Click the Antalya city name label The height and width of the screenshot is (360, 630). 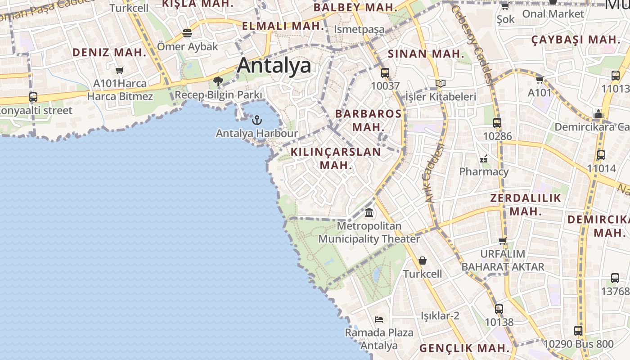click(x=274, y=66)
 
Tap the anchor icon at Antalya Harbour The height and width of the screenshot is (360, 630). click(x=256, y=120)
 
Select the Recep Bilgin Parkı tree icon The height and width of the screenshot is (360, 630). click(x=218, y=81)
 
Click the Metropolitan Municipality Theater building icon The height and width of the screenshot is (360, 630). click(x=369, y=212)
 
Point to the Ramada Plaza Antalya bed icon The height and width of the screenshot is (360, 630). click(x=379, y=319)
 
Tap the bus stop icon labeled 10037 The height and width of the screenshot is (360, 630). click(x=385, y=72)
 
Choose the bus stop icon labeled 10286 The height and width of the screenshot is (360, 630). click(x=497, y=122)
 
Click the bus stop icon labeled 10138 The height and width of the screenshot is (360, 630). click(x=499, y=309)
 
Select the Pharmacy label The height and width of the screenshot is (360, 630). click(x=484, y=171)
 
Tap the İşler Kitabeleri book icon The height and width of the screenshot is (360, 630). click(x=441, y=83)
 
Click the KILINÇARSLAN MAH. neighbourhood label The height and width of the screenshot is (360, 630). click(x=336, y=158)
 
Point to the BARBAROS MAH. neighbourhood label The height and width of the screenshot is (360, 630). click(x=368, y=120)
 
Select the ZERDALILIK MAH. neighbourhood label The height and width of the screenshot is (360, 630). click(x=526, y=204)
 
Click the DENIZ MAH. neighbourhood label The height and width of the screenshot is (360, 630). click(x=109, y=52)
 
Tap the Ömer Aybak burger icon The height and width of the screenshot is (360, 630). click(x=187, y=33)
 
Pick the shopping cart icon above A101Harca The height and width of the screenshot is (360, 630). click(x=119, y=70)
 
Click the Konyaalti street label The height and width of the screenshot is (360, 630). click(x=36, y=111)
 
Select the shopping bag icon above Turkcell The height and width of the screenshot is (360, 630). click(x=423, y=261)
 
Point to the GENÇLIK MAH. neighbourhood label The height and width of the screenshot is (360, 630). click(x=464, y=348)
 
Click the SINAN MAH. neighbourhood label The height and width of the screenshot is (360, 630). click(x=426, y=54)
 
